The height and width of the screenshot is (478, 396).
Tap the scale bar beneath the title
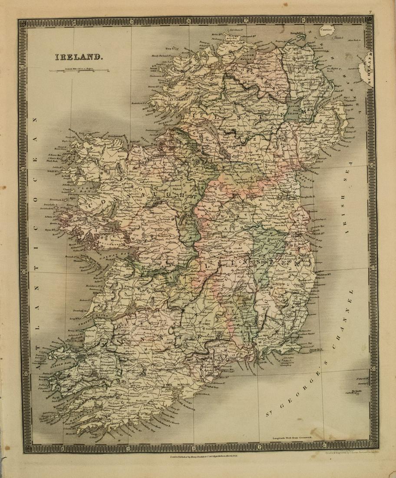click(x=79, y=70)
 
